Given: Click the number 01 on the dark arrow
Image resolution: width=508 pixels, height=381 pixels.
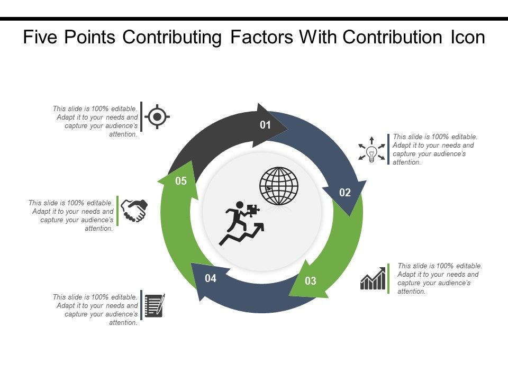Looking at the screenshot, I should (265, 125).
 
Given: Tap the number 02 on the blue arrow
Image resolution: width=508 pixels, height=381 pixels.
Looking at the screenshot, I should (345, 193).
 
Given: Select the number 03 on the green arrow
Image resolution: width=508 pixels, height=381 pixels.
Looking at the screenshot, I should (311, 281).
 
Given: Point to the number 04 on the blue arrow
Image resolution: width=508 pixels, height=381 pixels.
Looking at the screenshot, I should (211, 278).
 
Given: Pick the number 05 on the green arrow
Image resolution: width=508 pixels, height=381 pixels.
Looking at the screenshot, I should (181, 181).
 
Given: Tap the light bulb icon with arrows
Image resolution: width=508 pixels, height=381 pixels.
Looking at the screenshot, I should (371, 150).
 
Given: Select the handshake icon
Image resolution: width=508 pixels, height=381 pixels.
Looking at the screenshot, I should (134, 211).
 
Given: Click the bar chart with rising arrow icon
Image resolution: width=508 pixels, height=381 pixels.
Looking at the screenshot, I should (374, 278).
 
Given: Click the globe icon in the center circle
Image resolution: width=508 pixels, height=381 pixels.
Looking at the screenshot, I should (279, 186).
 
